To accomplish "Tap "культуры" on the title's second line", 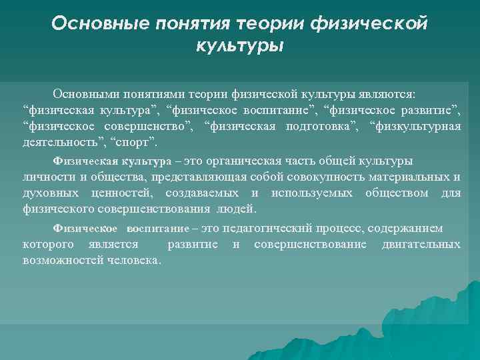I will [x=239, y=47].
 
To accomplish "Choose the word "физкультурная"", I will [x=418, y=126].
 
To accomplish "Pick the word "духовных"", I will [x=50, y=193].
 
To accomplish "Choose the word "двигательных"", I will [x=421, y=244].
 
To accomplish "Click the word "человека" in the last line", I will [x=132, y=260].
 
